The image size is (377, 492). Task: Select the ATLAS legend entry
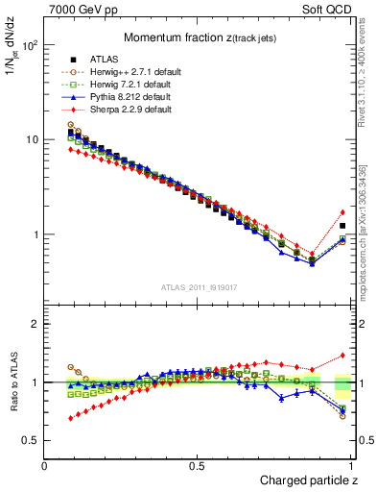click(93, 60)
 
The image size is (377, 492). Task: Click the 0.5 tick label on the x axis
click(199, 466)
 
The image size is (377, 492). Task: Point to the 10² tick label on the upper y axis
click(29, 45)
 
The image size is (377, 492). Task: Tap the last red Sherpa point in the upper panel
click(342, 212)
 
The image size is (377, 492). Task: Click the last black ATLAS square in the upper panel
click(342, 226)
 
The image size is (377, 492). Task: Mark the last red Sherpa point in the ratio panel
click(342, 355)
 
